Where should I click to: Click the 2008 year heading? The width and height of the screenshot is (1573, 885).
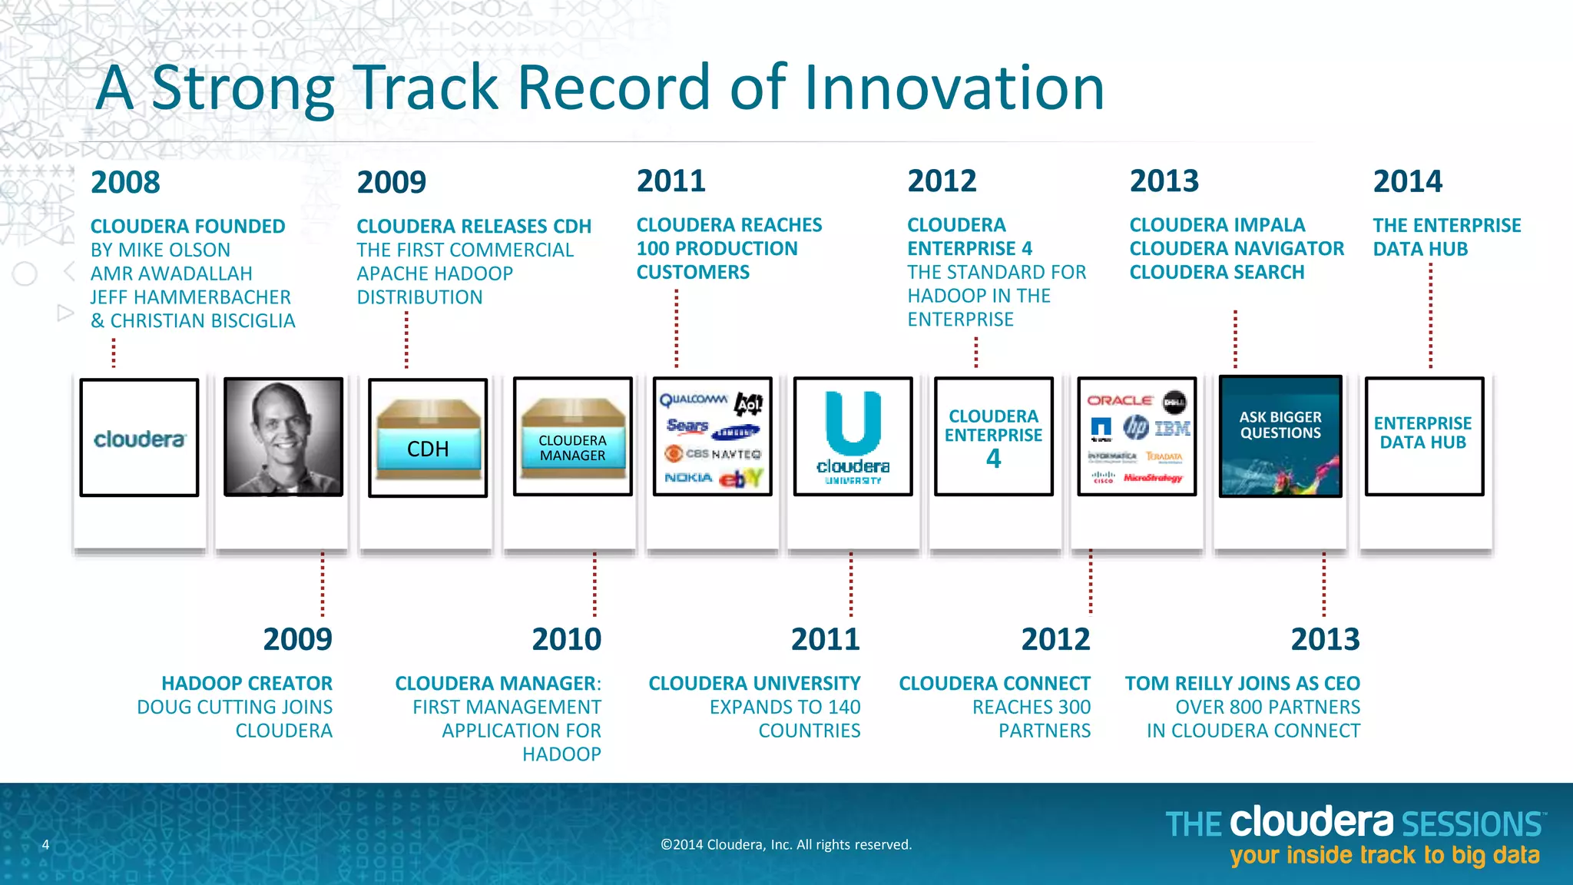pyautogui.click(x=125, y=183)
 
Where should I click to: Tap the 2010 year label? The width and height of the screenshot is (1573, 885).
pyautogui.click(x=566, y=639)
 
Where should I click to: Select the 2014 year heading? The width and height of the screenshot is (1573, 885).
pyautogui.click(x=1407, y=182)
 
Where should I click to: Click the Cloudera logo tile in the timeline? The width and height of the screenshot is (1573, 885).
pyautogui.click(x=139, y=438)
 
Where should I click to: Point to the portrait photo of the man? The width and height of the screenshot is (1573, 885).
pyautogui.click(x=283, y=436)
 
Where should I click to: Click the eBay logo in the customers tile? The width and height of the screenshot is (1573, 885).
pyautogui.click(x=740, y=478)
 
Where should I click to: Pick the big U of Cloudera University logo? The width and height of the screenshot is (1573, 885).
pyautogui.click(x=853, y=423)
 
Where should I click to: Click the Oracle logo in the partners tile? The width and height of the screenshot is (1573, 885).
pyautogui.click(x=1119, y=400)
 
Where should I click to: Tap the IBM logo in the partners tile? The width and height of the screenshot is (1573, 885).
pyautogui.click(x=1173, y=428)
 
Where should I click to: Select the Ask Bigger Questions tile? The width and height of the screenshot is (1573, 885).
pyautogui.click(x=1280, y=436)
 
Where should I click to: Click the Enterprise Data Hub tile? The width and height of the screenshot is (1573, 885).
pyautogui.click(x=1423, y=436)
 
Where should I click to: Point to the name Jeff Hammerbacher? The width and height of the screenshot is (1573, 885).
pyautogui.click(x=190, y=297)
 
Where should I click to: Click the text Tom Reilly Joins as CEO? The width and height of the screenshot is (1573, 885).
pyautogui.click(x=1242, y=683)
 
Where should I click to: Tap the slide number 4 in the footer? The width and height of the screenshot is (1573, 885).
pyautogui.click(x=45, y=845)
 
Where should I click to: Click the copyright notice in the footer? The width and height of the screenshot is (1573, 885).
pyautogui.click(x=786, y=844)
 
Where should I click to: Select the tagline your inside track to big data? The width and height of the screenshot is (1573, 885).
pyautogui.click(x=1384, y=856)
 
